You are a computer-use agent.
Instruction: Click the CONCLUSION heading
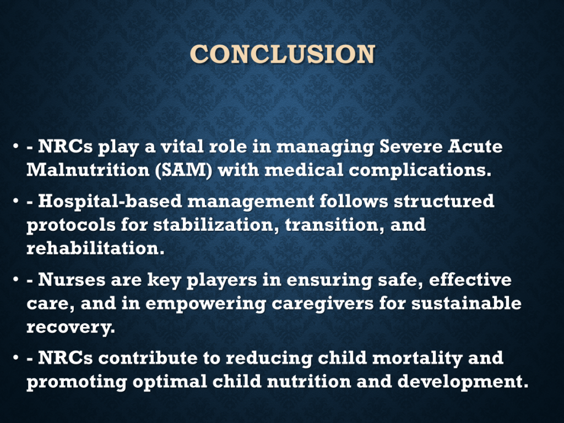(283, 54)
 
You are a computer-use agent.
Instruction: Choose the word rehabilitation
(95, 248)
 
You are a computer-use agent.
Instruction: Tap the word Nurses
(72, 280)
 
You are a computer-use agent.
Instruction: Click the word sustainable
(466, 303)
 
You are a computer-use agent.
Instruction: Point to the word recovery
(71, 327)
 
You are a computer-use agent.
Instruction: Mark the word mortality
(417, 358)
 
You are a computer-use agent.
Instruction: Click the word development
(463, 382)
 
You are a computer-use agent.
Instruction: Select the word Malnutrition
(88, 170)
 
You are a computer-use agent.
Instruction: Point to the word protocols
(71, 225)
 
